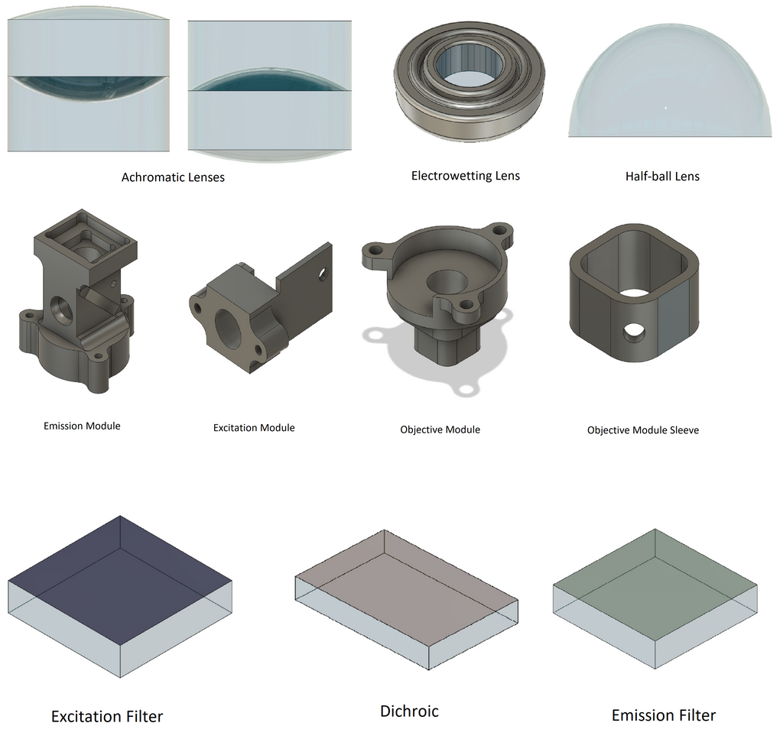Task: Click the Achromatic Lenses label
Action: (173, 177)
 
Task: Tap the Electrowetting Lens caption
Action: (465, 176)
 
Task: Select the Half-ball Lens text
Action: (661, 177)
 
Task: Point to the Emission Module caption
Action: (82, 426)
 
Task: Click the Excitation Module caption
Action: (254, 428)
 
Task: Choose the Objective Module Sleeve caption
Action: (642, 430)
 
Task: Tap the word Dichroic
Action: (409, 711)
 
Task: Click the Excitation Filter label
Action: (107, 717)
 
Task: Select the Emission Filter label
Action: (664, 715)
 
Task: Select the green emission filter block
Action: (655, 585)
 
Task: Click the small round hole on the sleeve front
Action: (634, 332)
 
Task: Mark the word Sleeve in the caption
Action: (682, 430)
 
